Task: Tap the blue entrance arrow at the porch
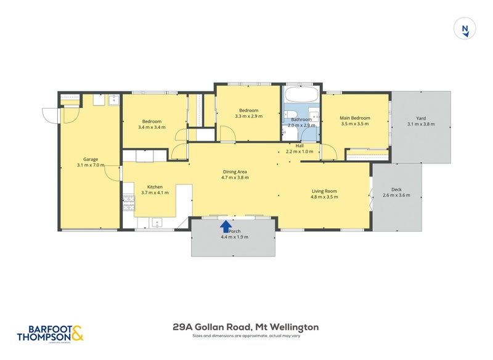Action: [x=226, y=226]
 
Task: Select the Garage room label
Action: [x=91, y=159]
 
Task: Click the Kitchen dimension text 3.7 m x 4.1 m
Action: [x=154, y=193]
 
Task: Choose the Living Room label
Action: [x=324, y=190]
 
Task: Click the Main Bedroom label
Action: [x=355, y=118]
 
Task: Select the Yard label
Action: [x=421, y=118]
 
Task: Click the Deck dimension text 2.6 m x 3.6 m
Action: [x=396, y=195]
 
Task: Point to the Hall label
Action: [x=299, y=145]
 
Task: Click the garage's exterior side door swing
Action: [x=51, y=115]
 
